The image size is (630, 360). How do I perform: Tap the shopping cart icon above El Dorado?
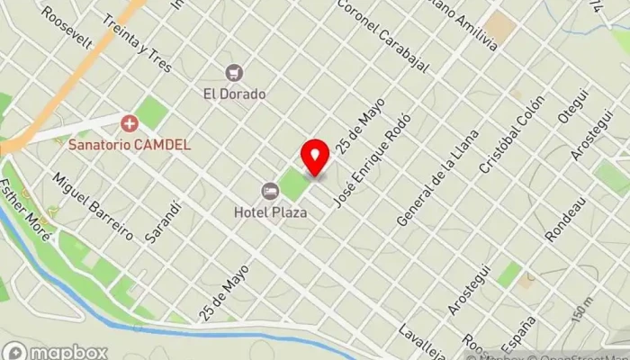tap(234, 73)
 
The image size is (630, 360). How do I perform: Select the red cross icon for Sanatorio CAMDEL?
tap(130, 122)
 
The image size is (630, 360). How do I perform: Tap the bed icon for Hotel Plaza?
tap(270, 191)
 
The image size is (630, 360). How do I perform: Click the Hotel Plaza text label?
tap(270, 212)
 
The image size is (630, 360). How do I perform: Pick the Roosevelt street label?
tap(67, 28)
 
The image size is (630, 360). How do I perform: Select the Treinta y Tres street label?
tap(137, 37)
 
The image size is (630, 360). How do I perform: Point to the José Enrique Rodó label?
tap(372, 159)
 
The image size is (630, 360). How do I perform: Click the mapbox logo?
tap(55, 351)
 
